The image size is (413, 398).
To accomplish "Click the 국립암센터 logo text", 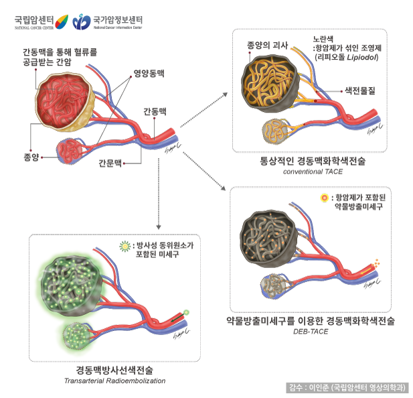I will tap(33, 19).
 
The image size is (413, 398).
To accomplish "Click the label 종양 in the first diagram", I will tap(23, 158).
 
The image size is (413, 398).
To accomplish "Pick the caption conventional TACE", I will tap(313, 172).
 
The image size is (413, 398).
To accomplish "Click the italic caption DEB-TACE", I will tap(311, 332).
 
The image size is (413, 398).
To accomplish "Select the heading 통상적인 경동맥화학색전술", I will tap(313, 161).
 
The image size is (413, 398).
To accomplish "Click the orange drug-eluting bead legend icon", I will tap(325, 198).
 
